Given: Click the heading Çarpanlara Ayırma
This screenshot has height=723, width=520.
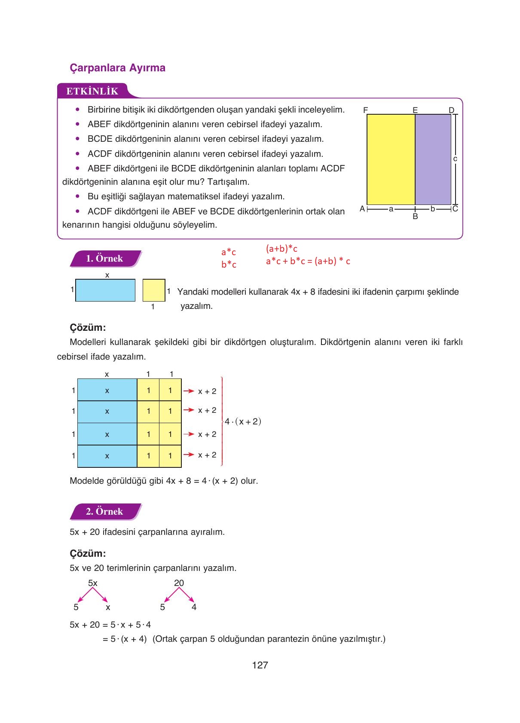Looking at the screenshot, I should pyautogui.click(x=117, y=68).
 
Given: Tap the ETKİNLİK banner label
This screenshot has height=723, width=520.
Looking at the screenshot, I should pyautogui.click(x=92, y=91).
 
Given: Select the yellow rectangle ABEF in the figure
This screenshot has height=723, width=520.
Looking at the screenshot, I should pyautogui.click(x=391, y=159).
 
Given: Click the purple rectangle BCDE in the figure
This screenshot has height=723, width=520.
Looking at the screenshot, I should pyautogui.click(x=433, y=159).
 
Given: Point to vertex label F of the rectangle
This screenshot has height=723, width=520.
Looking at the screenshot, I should pyautogui.click(x=365, y=110).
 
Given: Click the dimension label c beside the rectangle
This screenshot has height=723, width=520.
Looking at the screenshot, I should pyautogui.click(x=455, y=159).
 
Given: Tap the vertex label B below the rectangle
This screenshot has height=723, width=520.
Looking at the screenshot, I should pyautogui.click(x=415, y=217).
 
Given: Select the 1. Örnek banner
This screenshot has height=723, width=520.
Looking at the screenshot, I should pyautogui.click(x=104, y=259).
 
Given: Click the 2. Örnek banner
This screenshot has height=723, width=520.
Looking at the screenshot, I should pyautogui.click(x=104, y=511).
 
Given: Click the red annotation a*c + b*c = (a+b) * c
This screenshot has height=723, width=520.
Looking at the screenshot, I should pyautogui.click(x=308, y=261).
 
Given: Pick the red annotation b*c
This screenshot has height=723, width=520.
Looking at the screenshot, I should pyautogui.click(x=229, y=265).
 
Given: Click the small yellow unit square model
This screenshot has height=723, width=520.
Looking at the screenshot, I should pyautogui.click(x=154, y=290).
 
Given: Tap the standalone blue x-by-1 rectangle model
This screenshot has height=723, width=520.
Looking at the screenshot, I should pyautogui.click(x=105, y=290).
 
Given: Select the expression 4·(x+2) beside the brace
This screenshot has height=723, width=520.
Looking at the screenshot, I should pyautogui.click(x=243, y=421).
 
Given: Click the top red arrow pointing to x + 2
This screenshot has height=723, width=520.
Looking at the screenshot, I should pyautogui.click(x=188, y=391).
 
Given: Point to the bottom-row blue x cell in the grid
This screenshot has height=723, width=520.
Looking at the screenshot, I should pyautogui.click(x=107, y=456).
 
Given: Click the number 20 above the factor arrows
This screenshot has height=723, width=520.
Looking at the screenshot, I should pyautogui.click(x=179, y=583).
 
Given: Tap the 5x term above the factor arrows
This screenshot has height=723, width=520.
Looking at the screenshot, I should pyautogui.click(x=92, y=583).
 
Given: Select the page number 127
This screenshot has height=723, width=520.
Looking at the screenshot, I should pyautogui.click(x=260, y=665).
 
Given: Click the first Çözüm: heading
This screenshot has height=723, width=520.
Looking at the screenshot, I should pyautogui.click(x=88, y=327).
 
